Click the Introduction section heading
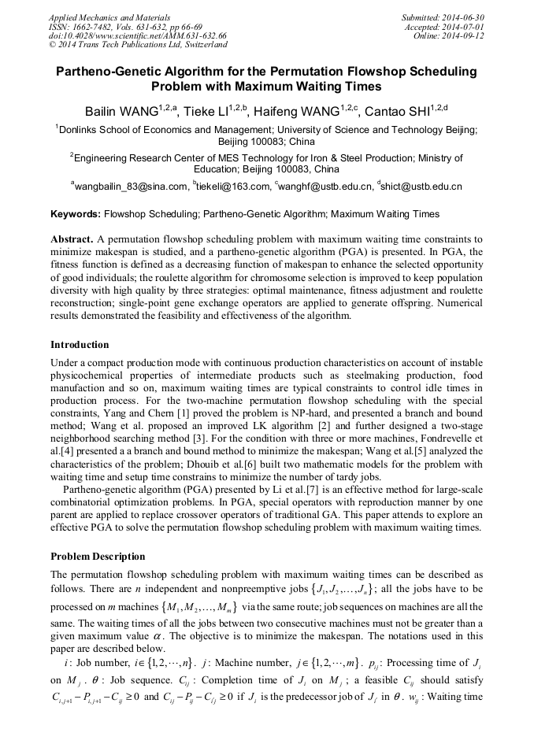[x=80, y=344]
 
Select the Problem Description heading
[x=98, y=556]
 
